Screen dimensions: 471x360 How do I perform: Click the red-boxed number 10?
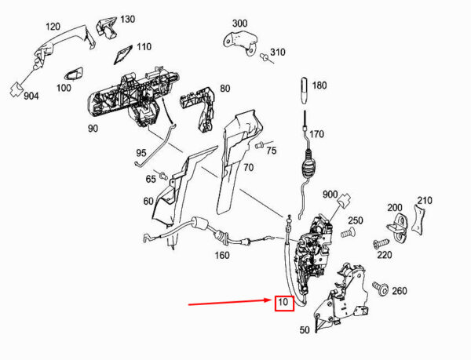point(283,302)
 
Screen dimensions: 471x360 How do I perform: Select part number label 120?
point(53,27)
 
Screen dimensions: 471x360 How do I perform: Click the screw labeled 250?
point(348,232)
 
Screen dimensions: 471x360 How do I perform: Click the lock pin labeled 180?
point(305,91)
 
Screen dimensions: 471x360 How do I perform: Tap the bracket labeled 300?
point(240,42)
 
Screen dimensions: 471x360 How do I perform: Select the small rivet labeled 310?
point(266,57)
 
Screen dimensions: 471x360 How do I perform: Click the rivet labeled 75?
point(261,145)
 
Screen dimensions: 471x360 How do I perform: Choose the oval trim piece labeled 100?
point(74,74)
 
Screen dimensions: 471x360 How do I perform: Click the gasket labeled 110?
point(123,54)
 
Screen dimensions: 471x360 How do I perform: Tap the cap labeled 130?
point(106,27)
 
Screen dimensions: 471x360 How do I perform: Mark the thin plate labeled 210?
point(419,220)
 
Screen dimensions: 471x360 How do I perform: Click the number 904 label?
point(31,96)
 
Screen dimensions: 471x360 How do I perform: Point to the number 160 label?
point(222,256)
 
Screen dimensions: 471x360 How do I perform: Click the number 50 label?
point(305,330)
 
